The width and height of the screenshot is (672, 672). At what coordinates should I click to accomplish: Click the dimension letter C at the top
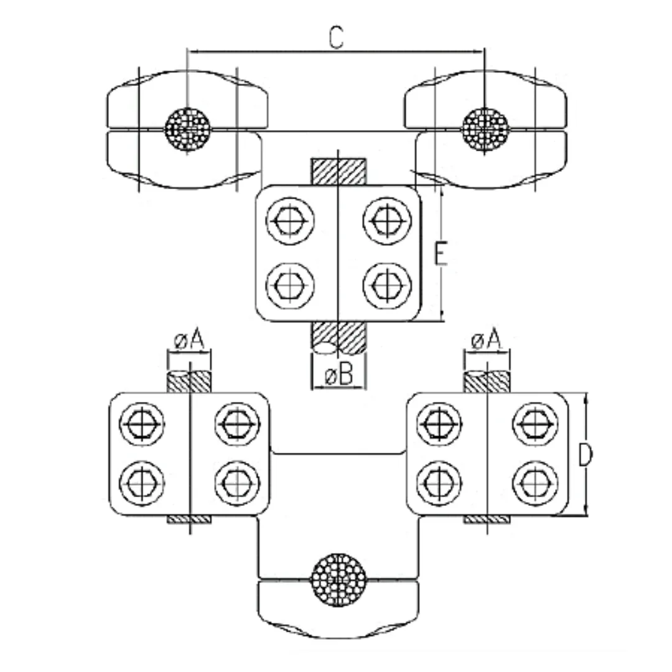(336, 37)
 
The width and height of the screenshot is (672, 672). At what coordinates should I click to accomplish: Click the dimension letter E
(440, 255)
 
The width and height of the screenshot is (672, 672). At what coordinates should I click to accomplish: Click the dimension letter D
(585, 455)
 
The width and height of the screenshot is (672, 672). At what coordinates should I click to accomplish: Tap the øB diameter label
(338, 375)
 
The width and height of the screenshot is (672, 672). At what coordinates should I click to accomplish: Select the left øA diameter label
(189, 340)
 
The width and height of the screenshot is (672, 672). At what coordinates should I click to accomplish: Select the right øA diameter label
(486, 340)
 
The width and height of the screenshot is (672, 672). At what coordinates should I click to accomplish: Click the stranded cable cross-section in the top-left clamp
(187, 129)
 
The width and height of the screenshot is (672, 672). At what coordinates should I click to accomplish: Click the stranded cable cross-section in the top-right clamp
(485, 129)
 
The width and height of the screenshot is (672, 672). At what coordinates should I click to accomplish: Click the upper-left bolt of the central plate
(290, 220)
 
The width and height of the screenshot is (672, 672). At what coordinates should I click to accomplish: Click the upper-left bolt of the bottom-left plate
(143, 424)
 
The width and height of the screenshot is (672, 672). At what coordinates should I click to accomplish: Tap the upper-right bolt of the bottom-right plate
(534, 424)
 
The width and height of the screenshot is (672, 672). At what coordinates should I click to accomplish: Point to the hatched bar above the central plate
(338, 172)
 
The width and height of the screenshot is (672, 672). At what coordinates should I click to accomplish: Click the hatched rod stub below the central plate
(338, 338)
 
